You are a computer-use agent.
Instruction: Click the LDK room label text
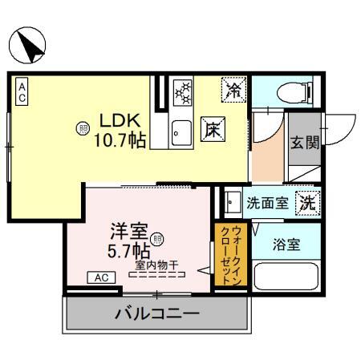(119, 120)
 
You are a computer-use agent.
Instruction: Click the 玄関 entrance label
(304, 143)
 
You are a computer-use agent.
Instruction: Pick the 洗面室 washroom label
(266, 204)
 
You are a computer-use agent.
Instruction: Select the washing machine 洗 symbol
(307, 204)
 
